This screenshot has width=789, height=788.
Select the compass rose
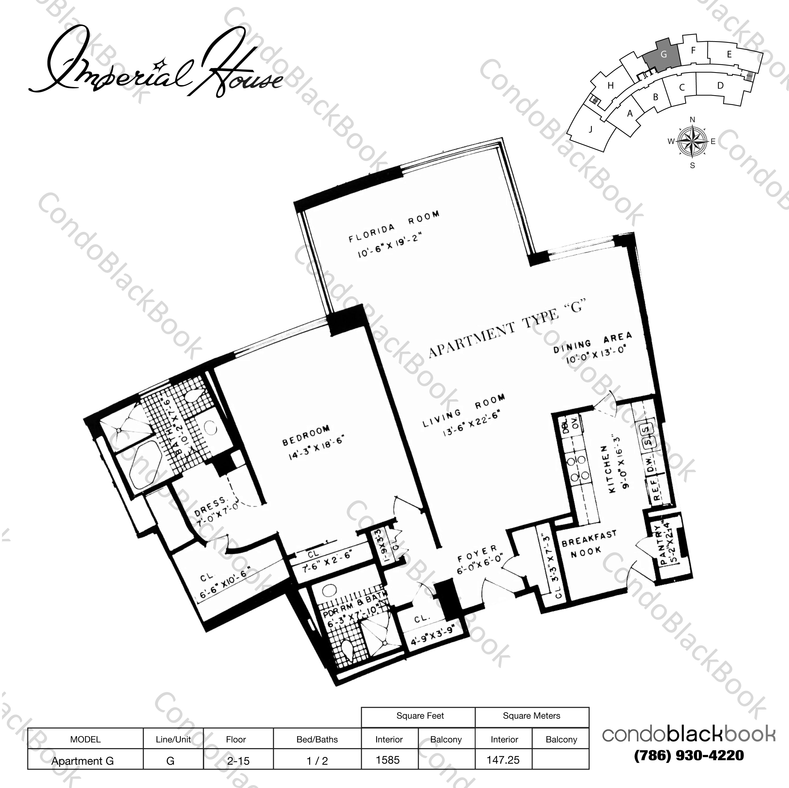coord(692,142)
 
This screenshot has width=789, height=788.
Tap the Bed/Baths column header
coord(317,739)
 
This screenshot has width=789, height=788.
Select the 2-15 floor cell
coord(238,761)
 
